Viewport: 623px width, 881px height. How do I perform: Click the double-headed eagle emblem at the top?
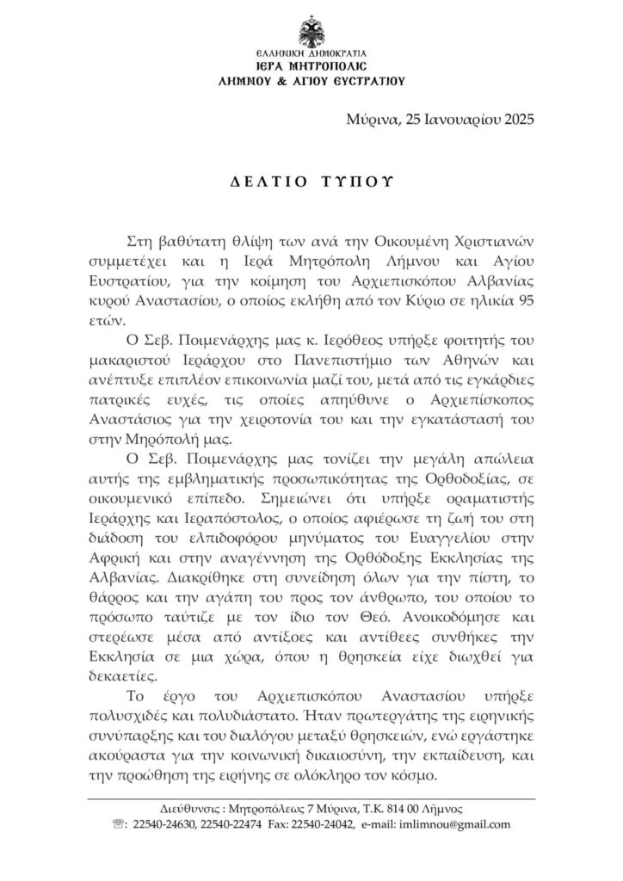click(311, 35)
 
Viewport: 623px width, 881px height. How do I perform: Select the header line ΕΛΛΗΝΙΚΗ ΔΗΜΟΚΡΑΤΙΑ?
click(311, 54)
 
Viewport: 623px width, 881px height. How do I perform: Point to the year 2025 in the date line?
click(516, 120)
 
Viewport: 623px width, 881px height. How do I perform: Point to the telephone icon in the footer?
click(118, 823)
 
